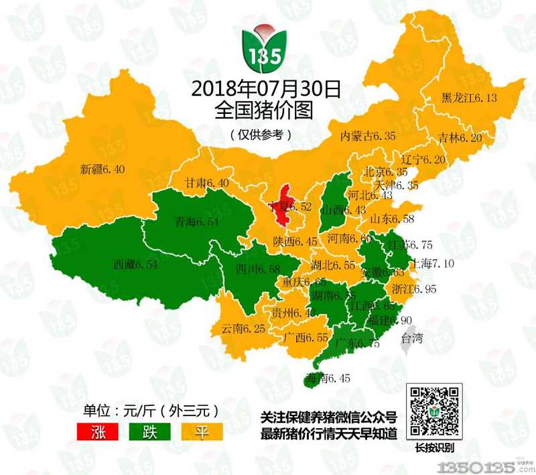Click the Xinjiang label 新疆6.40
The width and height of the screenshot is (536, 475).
tap(102, 169)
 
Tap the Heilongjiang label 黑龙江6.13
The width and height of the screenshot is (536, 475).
tap(469, 98)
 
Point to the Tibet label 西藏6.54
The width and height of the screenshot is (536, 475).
tap(135, 265)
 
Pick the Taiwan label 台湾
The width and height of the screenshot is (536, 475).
tap(411, 338)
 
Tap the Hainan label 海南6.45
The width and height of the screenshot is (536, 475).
tap(328, 378)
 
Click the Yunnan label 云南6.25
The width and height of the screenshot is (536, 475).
tap(244, 329)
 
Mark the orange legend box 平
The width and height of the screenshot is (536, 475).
tap(200, 429)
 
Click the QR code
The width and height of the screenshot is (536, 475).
tap(435, 411)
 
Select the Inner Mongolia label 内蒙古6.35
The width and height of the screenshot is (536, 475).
tap(368, 136)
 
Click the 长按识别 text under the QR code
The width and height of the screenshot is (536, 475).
tap(435, 448)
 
